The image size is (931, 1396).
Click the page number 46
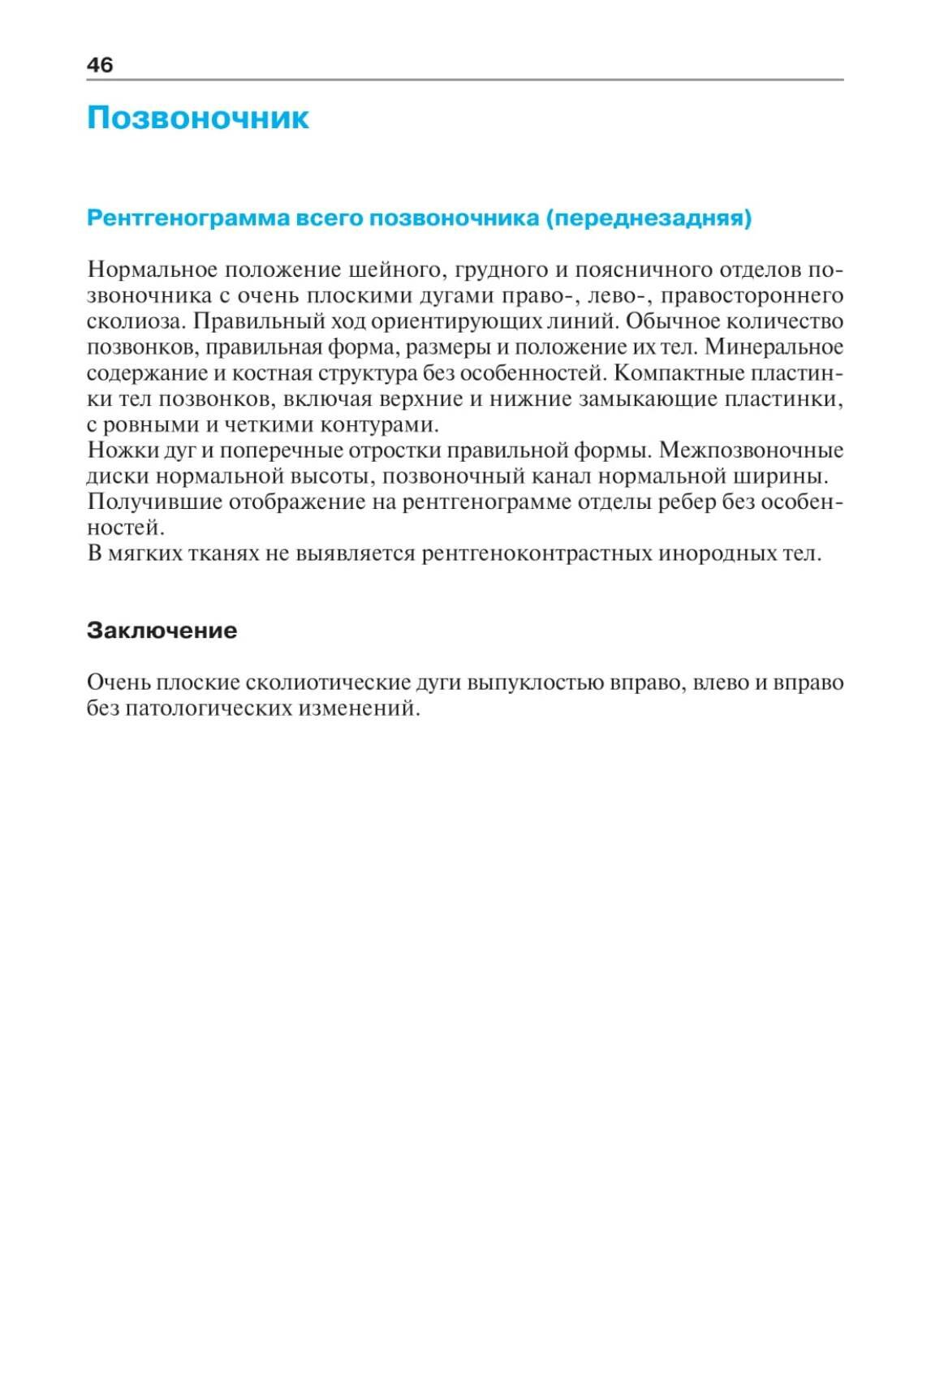pyautogui.click(x=100, y=65)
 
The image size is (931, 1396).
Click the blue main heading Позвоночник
pyautogui.click(x=197, y=118)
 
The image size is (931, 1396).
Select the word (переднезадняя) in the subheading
pyautogui.click(x=649, y=218)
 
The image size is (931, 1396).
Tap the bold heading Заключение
pyautogui.click(x=162, y=631)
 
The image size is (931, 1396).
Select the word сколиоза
pyautogui.click(x=136, y=321)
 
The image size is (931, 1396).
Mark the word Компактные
pyautogui.click(x=678, y=373)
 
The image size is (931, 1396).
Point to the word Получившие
pyautogui.click(x=153, y=502)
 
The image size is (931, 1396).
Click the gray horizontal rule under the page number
pyautogui.click(x=465, y=80)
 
